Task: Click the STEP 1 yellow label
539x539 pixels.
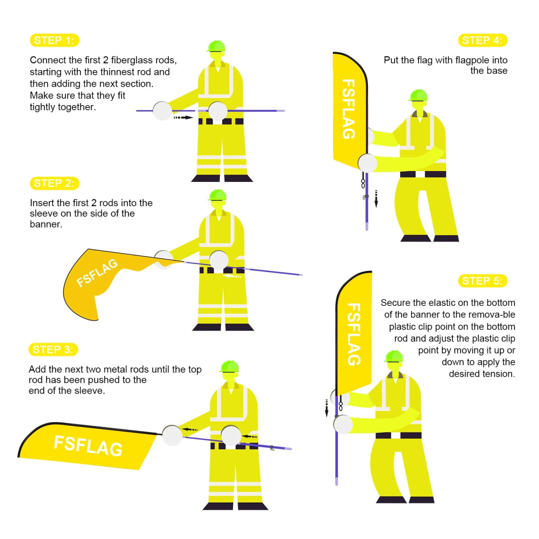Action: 54,40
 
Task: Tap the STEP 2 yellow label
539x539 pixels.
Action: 54,183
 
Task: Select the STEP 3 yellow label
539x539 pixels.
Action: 53,349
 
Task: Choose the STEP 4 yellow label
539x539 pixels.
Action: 482,40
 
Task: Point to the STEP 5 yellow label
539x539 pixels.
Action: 482,281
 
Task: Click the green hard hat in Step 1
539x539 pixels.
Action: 216,46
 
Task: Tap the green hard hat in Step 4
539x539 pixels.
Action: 418,95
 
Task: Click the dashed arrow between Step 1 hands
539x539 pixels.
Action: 183,118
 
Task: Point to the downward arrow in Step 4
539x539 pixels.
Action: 376,199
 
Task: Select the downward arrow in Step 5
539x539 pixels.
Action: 327,408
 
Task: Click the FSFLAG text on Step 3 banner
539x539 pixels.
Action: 88,446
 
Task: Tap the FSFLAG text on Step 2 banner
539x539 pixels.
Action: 97,273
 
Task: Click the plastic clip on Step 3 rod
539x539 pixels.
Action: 272,448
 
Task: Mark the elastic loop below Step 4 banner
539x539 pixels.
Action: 363,184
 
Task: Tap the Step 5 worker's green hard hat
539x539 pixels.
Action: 394,356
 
